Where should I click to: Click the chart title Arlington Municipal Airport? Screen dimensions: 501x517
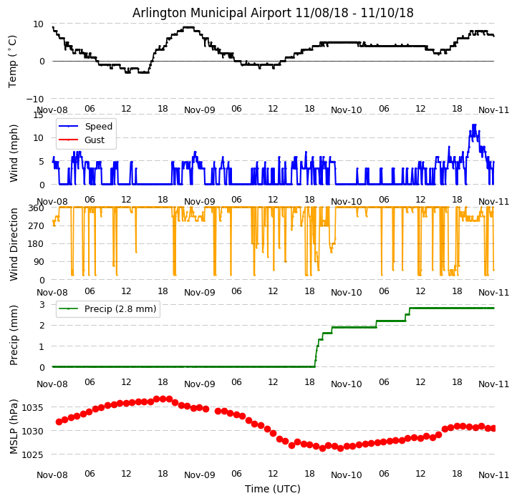click(273, 13)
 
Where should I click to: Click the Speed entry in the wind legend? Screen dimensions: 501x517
click(98, 127)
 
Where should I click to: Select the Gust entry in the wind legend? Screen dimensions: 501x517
click(95, 140)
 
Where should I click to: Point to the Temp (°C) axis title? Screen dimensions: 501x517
click(13, 61)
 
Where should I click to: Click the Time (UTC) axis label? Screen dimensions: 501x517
click(273, 489)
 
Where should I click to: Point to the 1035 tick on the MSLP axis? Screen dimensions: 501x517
click(33, 408)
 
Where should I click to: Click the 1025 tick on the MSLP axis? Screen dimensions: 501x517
click(33, 454)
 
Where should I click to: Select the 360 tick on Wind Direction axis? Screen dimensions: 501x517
click(36, 208)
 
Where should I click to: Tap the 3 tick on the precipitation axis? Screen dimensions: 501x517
click(42, 305)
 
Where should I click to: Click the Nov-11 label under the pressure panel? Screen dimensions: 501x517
click(494, 475)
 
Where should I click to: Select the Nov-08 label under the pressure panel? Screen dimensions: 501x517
click(52, 475)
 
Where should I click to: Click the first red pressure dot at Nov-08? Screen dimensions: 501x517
click(59, 422)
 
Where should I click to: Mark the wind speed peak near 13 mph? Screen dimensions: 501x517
click(473, 125)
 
